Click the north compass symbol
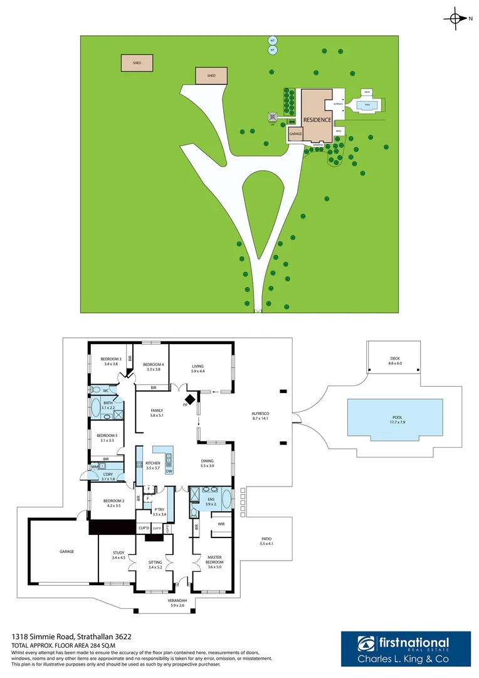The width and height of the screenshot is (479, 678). coord(456,19)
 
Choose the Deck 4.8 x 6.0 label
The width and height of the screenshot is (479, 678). coord(394,362)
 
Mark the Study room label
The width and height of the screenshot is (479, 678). coord(118,555)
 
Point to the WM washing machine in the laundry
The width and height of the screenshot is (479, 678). coord(95,466)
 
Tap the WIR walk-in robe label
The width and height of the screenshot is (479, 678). coord(221,523)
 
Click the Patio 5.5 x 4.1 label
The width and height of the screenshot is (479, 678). coord(267,541)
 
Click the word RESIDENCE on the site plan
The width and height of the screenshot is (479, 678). coord(317,119)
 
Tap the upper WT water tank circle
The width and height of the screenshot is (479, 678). coord(272,40)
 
